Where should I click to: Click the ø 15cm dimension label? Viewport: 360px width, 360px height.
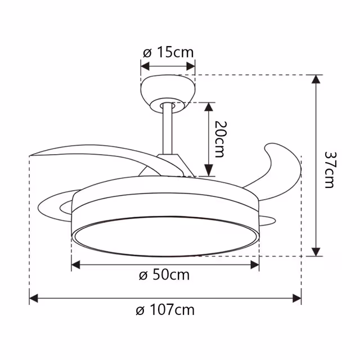pos(168,53)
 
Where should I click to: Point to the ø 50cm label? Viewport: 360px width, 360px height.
pos(164,275)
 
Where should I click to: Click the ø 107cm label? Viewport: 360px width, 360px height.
pos(166,309)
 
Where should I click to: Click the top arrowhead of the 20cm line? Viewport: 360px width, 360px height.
pos(209,107)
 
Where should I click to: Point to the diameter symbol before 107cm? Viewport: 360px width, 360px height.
pos(141,310)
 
